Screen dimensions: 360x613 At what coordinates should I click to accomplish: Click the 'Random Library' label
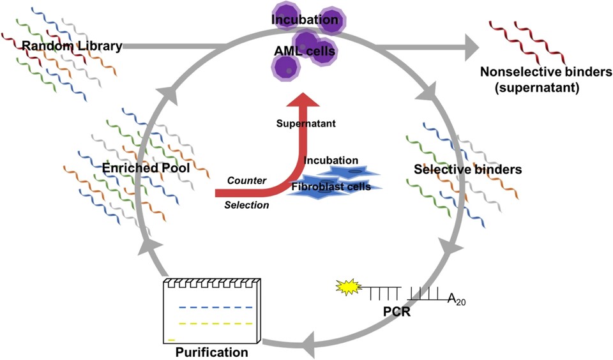click(x=72, y=46)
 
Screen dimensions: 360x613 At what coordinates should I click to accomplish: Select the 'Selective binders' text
click(x=468, y=170)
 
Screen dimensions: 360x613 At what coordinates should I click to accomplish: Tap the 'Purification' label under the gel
click(x=211, y=352)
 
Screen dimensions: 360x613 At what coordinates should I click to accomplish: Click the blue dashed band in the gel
click(x=211, y=308)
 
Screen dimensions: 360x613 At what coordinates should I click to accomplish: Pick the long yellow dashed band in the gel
click(x=211, y=323)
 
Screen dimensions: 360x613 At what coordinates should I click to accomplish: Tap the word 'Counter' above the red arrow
click(x=246, y=180)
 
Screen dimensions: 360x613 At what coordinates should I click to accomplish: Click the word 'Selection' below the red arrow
click(x=246, y=205)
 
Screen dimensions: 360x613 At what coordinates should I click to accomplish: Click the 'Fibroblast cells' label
click(x=331, y=186)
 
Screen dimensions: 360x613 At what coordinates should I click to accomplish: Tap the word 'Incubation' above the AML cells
click(x=305, y=20)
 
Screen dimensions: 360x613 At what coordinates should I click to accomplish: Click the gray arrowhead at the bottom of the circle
click(x=308, y=345)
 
